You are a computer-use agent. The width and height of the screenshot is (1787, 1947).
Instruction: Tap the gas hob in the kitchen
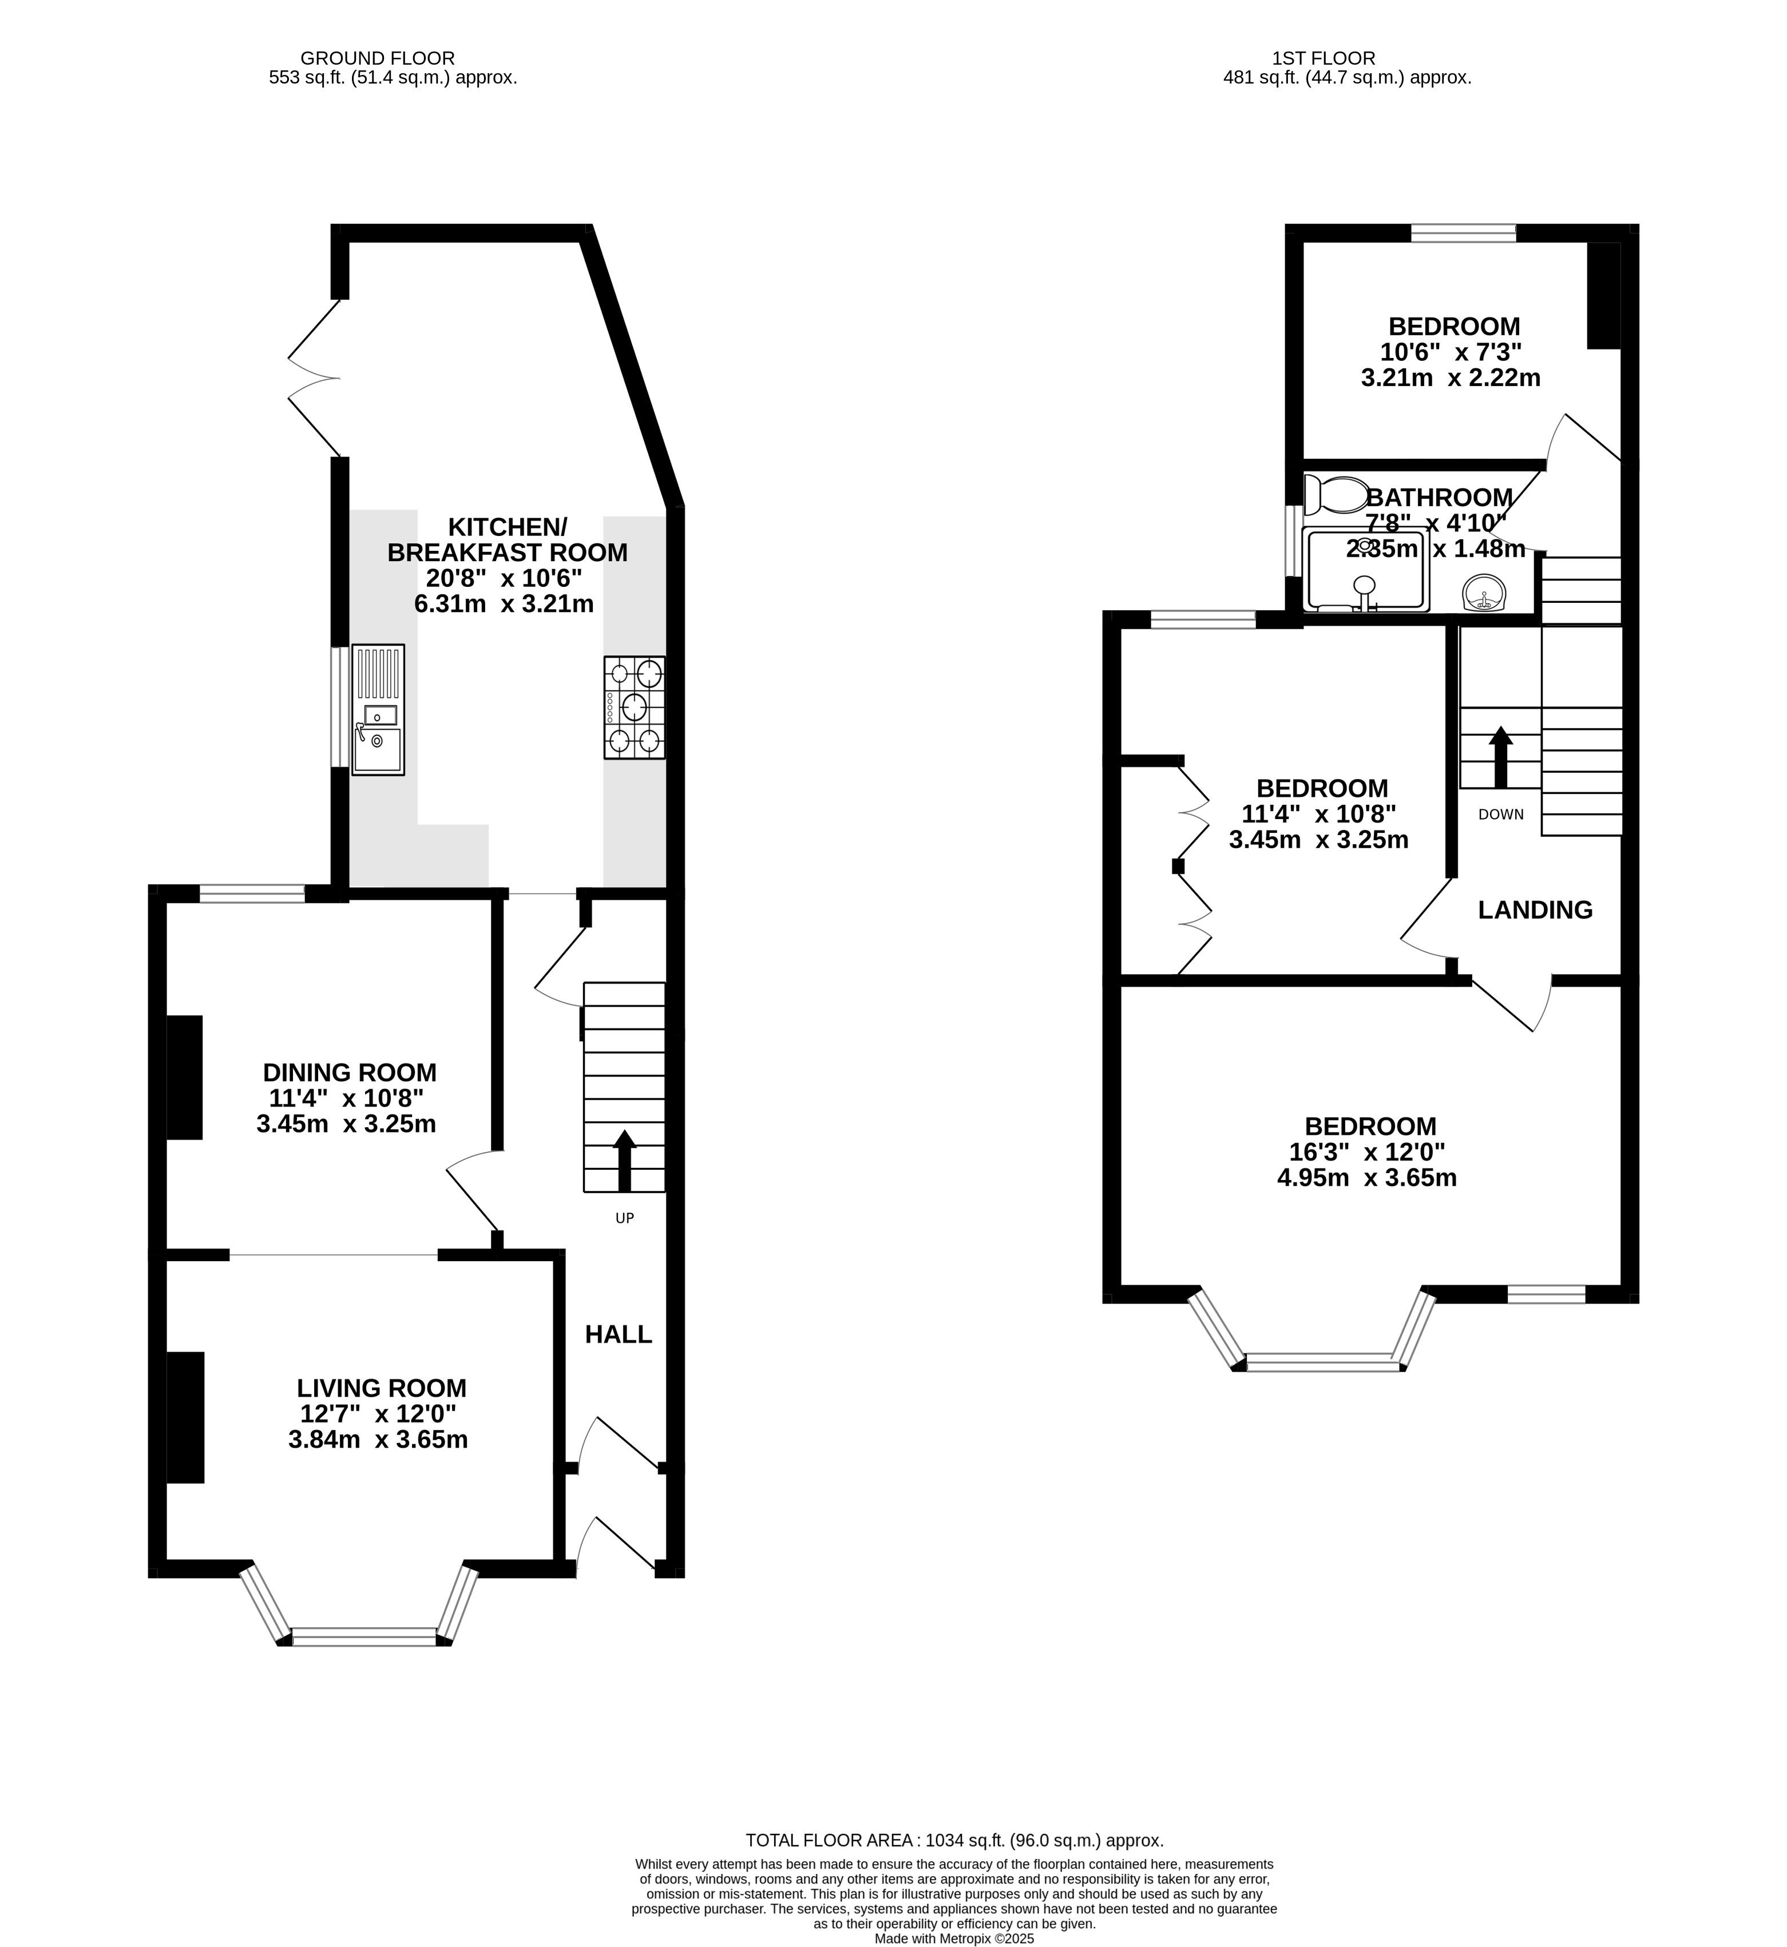[x=635, y=707]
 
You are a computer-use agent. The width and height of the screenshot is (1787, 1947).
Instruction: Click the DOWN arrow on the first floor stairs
[x=1501, y=757]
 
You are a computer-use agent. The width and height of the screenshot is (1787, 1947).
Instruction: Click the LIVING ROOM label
[x=382, y=1388]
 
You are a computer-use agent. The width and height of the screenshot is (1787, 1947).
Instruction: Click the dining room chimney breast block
[x=185, y=1077]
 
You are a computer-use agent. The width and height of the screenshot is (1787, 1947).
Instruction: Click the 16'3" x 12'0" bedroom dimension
[x=1368, y=1153]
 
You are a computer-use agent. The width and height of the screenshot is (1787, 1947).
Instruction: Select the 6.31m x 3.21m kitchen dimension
[x=504, y=604]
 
